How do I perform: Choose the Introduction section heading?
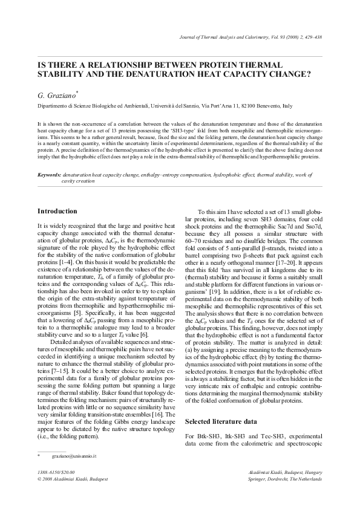pos(57,211)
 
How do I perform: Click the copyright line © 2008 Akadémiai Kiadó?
pos(73,479)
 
